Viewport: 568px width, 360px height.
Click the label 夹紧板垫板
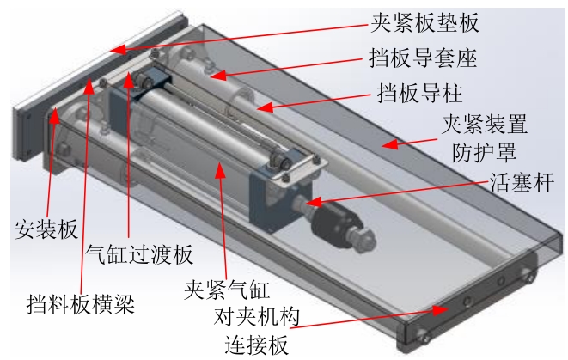(x=424, y=22)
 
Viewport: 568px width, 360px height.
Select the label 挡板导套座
(x=423, y=58)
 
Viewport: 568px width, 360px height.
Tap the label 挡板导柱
(x=420, y=93)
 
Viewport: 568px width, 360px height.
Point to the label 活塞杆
(x=522, y=182)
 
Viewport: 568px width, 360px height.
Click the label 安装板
(x=46, y=229)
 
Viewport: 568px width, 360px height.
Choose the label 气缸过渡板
(x=139, y=253)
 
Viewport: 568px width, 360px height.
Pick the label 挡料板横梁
(x=81, y=303)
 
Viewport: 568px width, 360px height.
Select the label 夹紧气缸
(x=227, y=289)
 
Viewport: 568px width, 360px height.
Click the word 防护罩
(x=484, y=151)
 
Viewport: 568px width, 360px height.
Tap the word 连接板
(x=256, y=345)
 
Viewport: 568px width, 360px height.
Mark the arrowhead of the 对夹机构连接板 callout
(x=441, y=310)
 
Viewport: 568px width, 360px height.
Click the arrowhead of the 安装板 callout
(x=54, y=115)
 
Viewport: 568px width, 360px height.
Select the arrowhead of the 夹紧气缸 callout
(x=220, y=170)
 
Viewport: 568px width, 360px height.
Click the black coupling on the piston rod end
(x=334, y=223)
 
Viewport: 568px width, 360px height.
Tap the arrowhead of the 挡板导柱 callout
(x=265, y=107)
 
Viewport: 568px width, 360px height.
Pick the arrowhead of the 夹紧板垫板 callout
(x=119, y=50)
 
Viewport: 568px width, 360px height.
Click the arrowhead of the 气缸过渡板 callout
(x=129, y=79)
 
